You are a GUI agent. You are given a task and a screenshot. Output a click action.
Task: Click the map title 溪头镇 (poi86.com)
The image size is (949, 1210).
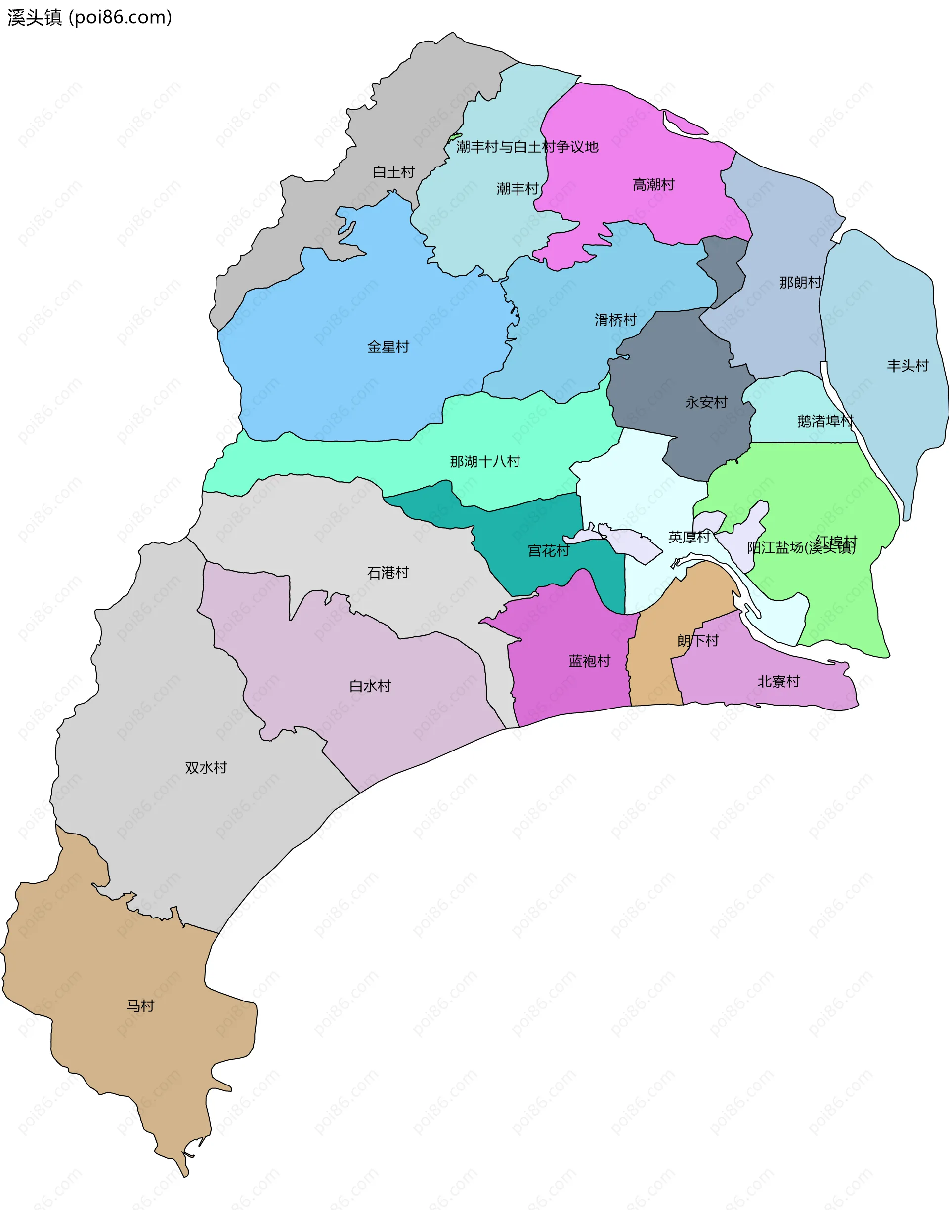click(89, 18)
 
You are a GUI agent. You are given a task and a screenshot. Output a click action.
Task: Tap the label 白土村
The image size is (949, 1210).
click(393, 172)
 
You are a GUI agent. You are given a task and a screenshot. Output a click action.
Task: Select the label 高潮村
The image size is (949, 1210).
click(653, 184)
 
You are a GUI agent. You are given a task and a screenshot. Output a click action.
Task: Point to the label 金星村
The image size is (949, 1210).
click(388, 347)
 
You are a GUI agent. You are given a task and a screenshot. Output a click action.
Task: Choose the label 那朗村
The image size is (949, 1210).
click(800, 283)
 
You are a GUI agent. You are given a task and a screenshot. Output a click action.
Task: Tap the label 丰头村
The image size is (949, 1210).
click(908, 366)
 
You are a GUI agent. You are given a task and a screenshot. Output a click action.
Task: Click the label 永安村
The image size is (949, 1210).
click(706, 402)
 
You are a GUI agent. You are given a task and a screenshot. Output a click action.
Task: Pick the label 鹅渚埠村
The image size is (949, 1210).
click(825, 421)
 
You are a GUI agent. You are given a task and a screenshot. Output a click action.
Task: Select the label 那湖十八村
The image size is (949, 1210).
click(485, 461)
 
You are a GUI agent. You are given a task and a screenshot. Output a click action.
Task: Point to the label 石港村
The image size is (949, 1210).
click(388, 572)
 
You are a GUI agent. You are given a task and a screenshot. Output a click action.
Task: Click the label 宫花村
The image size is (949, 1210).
click(549, 551)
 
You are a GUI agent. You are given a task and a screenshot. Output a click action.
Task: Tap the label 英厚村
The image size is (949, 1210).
click(689, 537)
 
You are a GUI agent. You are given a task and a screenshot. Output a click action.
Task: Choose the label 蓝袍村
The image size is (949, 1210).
click(589, 661)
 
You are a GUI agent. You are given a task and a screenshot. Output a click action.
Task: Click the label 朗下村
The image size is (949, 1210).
click(698, 641)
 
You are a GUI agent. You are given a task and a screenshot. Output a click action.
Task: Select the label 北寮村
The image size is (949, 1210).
click(778, 681)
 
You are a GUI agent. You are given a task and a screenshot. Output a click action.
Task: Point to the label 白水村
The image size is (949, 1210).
click(370, 686)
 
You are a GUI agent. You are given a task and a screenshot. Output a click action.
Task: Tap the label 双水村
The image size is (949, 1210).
click(206, 767)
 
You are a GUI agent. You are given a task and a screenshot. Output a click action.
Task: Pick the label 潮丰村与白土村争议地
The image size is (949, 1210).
click(527, 147)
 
